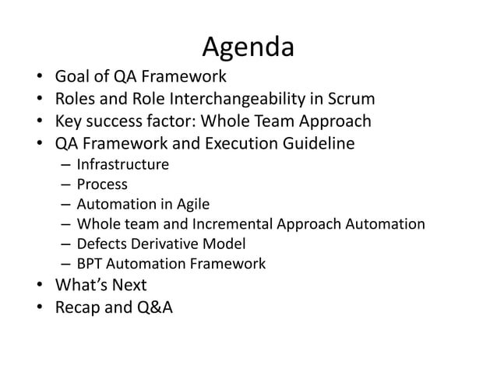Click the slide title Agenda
click(x=248, y=47)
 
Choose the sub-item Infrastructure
click(x=122, y=164)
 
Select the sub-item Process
click(x=102, y=184)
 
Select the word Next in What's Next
click(x=127, y=285)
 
